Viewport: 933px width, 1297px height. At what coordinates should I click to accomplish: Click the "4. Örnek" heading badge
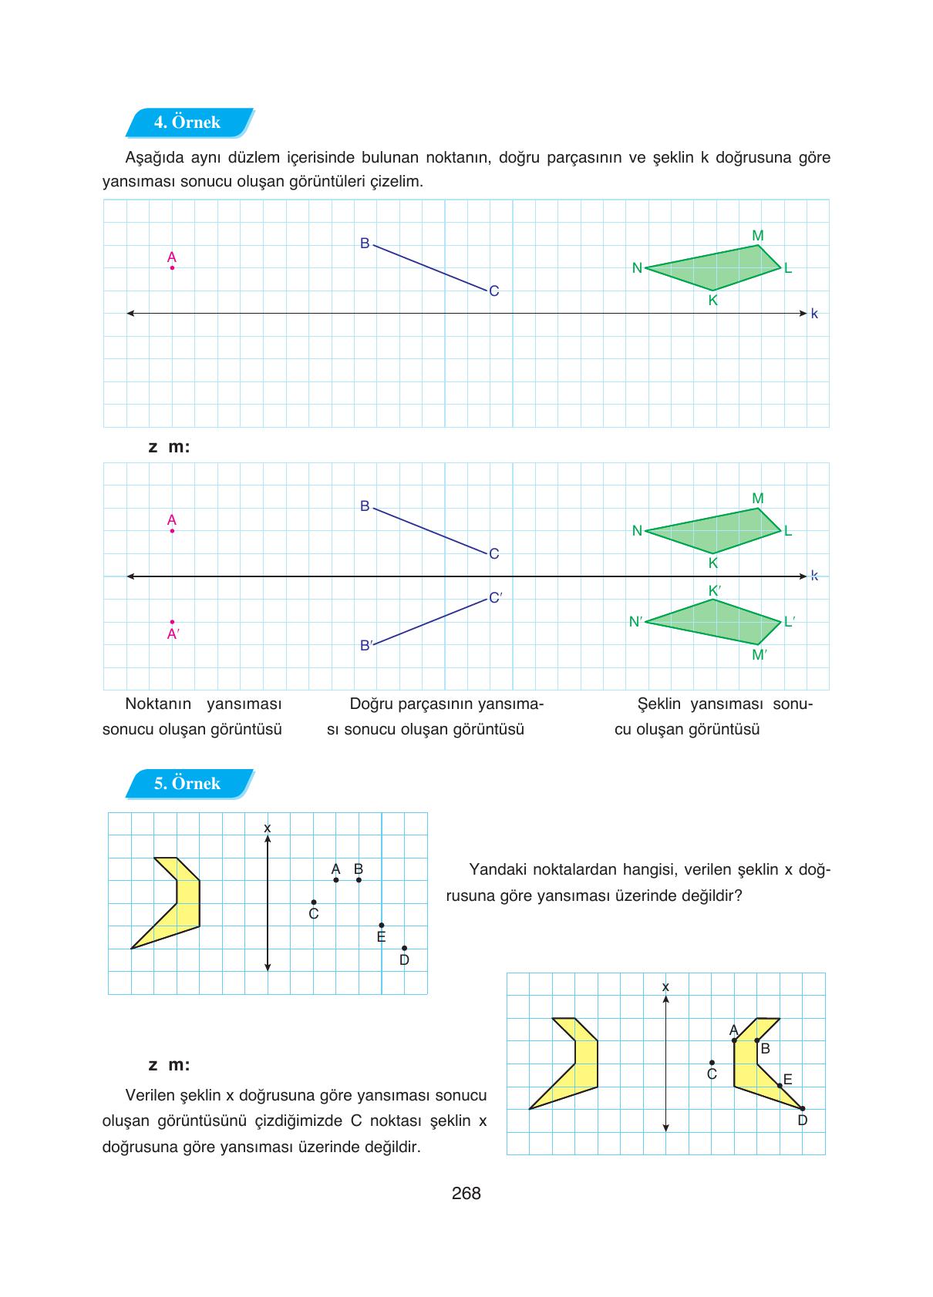[187, 123]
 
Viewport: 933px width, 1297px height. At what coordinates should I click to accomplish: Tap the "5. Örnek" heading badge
[187, 784]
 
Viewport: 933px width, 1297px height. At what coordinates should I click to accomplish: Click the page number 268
[466, 1194]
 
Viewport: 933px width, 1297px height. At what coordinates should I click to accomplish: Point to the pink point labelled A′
[172, 622]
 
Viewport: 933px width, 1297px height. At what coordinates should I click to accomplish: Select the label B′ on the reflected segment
[366, 646]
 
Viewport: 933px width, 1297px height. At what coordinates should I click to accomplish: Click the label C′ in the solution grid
[496, 597]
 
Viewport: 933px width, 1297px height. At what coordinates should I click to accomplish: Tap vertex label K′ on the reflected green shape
[715, 591]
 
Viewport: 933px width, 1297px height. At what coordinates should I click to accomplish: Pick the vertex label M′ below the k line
[760, 655]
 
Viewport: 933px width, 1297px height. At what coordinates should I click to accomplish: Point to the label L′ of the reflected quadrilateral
[790, 622]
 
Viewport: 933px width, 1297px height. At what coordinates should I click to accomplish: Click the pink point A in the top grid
[172, 267]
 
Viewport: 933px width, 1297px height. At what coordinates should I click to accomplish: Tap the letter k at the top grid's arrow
[814, 314]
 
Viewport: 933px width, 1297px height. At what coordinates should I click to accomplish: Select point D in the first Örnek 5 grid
[404, 949]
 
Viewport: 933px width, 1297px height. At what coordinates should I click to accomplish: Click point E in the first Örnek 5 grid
[382, 926]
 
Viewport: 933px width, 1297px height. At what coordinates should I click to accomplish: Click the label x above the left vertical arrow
[268, 828]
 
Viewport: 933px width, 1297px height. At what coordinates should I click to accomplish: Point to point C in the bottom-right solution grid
[712, 1063]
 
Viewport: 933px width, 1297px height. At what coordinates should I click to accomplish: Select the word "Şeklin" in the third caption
[659, 704]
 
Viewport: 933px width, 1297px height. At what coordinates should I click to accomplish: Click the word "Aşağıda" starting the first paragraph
[152, 158]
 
